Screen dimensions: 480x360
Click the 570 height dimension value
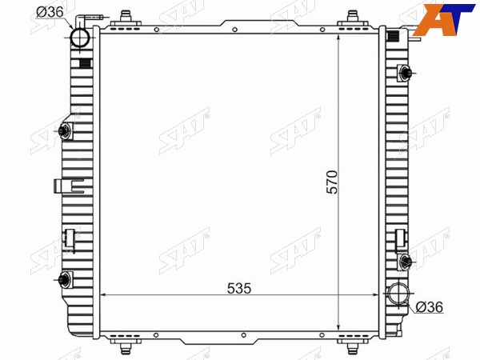pos(332,182)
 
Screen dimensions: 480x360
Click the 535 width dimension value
pos(239,288)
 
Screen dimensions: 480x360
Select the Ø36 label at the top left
pos(50,12)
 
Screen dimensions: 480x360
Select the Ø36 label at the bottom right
pos(429,306)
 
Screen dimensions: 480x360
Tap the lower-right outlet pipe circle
pos(398,294)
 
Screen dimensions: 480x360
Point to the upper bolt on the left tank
pos(66,131)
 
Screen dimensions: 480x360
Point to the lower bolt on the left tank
pos(66,279)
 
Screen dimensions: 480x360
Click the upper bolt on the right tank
pos(405,73)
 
